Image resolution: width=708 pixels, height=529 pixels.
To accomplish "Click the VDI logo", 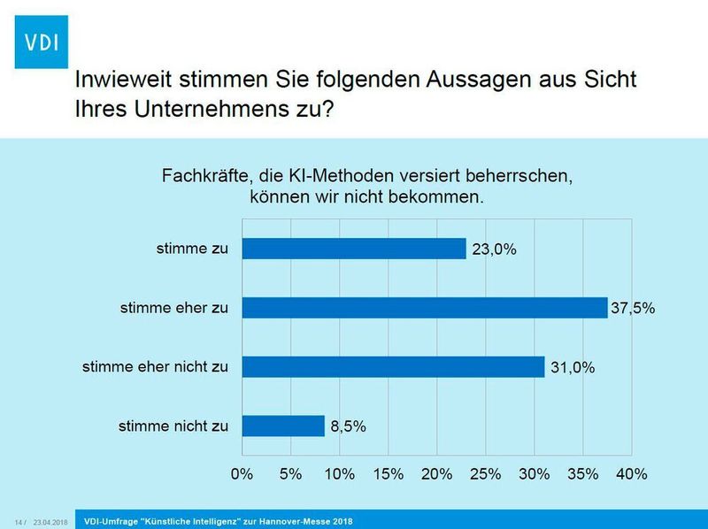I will pyautogui.click(x=42, y=41).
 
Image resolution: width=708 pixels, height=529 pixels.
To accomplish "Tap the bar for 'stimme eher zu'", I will pyautogui.click(x=424, y=308).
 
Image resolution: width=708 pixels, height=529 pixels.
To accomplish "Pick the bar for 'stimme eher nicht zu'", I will pyautogui.click(x=393, y=366).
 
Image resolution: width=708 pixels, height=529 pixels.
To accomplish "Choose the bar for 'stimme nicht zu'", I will pyautogui.click(x=283, y=425).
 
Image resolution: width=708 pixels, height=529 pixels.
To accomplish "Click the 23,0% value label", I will pyautogui.click(x=494, y=249).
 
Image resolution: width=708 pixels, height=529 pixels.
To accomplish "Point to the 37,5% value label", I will pyautogui.click(x=636, y=309).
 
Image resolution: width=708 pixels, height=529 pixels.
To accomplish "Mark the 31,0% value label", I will pyautogui.click(x=573, y=367).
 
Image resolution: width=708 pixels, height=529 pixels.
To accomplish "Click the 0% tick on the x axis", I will pyautogui.click(x=242, y=473).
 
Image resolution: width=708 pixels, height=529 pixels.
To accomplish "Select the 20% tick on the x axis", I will pyautogui.click(x=437, y=473).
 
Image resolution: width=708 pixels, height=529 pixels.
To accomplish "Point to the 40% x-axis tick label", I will pyautogui.click(x=631, y=473).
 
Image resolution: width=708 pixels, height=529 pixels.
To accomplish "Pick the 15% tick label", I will pyautogui.click(x=389, y=473).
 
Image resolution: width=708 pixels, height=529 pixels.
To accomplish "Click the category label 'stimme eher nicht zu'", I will pyautogui.click(x=155, y=366).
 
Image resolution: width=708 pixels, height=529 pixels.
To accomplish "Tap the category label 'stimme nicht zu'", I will pyautogui.click(x=173, y=425).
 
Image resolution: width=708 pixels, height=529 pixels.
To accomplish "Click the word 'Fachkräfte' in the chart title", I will pyautogui.click(x=202, y=175).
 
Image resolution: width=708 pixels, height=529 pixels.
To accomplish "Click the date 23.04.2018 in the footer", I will pyautogui.click(x=50, y=521).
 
